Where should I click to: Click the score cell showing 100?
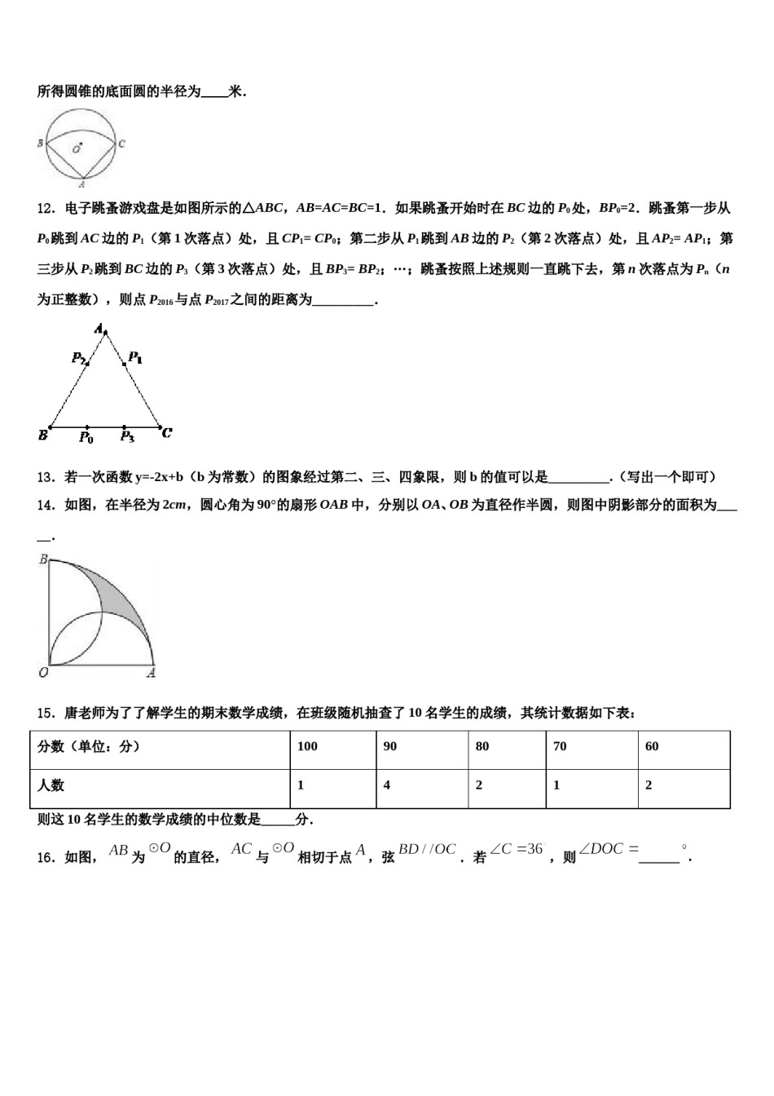point(307,746)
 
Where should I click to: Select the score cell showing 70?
point(560,746)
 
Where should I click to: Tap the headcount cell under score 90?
point(387,785)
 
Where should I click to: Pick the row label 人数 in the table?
point(51,785)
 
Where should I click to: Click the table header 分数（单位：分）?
point(89,746)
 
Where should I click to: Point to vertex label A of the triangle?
point(99,329)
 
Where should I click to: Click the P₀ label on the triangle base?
point(86,438)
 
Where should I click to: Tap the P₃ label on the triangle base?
point(127,438)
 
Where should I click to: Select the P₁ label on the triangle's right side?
point(135,357)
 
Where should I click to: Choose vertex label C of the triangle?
point(166,433)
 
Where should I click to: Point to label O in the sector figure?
point(43,673)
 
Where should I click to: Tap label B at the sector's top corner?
point(43,559)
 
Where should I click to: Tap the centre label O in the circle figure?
point(76,149)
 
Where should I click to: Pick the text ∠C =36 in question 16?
point(517,850)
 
